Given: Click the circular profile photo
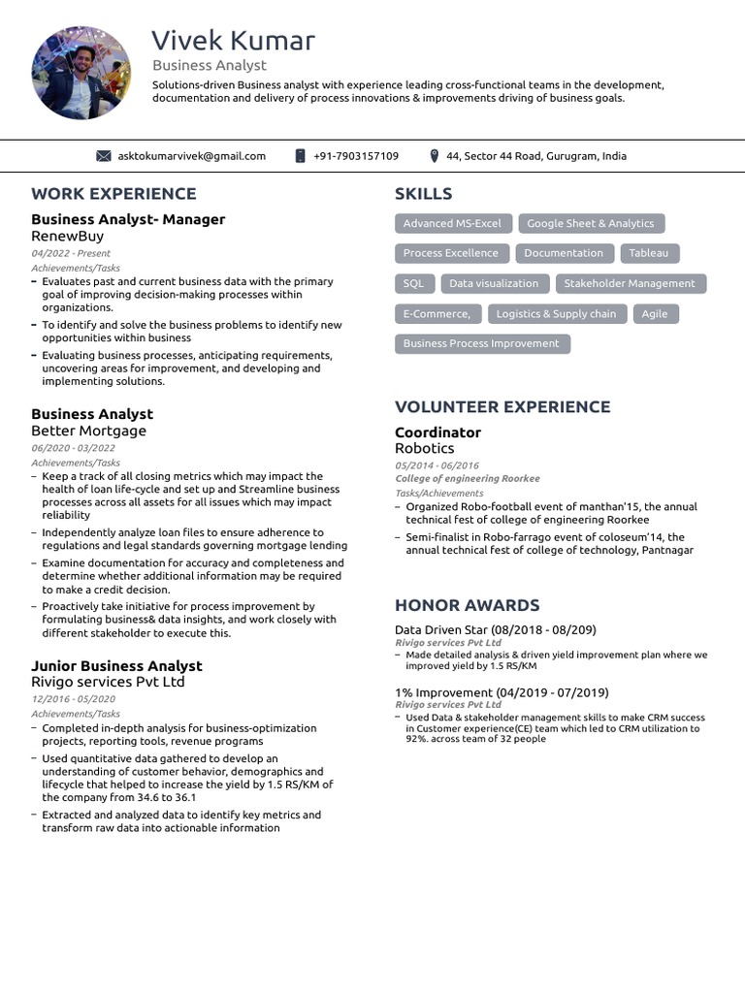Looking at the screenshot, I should (81, 73).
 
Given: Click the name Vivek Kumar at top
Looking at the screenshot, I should (233, 41).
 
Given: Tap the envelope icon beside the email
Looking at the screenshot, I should (104, 156).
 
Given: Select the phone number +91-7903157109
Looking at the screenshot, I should (356, 156).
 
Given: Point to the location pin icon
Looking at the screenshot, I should (435, 156).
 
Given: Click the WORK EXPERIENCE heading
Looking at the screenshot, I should (113, 194).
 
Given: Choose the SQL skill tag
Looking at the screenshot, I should (413, 284).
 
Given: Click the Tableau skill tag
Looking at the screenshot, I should (648, 253).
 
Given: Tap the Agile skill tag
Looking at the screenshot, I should (655, 314).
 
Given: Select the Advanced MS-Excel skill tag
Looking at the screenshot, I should (452, 224).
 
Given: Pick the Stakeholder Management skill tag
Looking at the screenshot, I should (630, 284).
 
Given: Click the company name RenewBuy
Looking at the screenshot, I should (67, 236).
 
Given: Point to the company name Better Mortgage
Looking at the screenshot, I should (88, 431).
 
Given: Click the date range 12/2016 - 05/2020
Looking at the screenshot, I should (73, 699).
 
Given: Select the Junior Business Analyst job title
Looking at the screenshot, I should (116, 666).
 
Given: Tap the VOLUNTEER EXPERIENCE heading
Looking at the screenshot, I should (502, 407).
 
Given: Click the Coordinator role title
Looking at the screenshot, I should (437, 432).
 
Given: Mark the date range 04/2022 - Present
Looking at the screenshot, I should (71, 253).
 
